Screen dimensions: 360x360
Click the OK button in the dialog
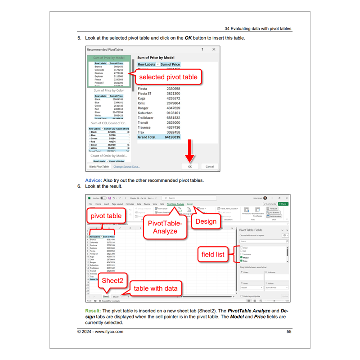point(190,166)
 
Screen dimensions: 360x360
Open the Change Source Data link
point(126,166)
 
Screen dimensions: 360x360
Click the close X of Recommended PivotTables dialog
point(214,49)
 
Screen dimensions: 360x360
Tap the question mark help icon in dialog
point(202,49)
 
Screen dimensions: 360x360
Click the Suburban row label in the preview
point(146,113)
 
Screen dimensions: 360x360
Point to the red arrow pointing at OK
point(190,151)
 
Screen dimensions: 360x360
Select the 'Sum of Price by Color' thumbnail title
point(109,90)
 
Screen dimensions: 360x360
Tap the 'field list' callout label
point(213,254)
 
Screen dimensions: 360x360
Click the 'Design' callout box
point(206,221)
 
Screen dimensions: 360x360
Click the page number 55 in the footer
point(289,332)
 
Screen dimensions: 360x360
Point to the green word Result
point(93,311)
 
